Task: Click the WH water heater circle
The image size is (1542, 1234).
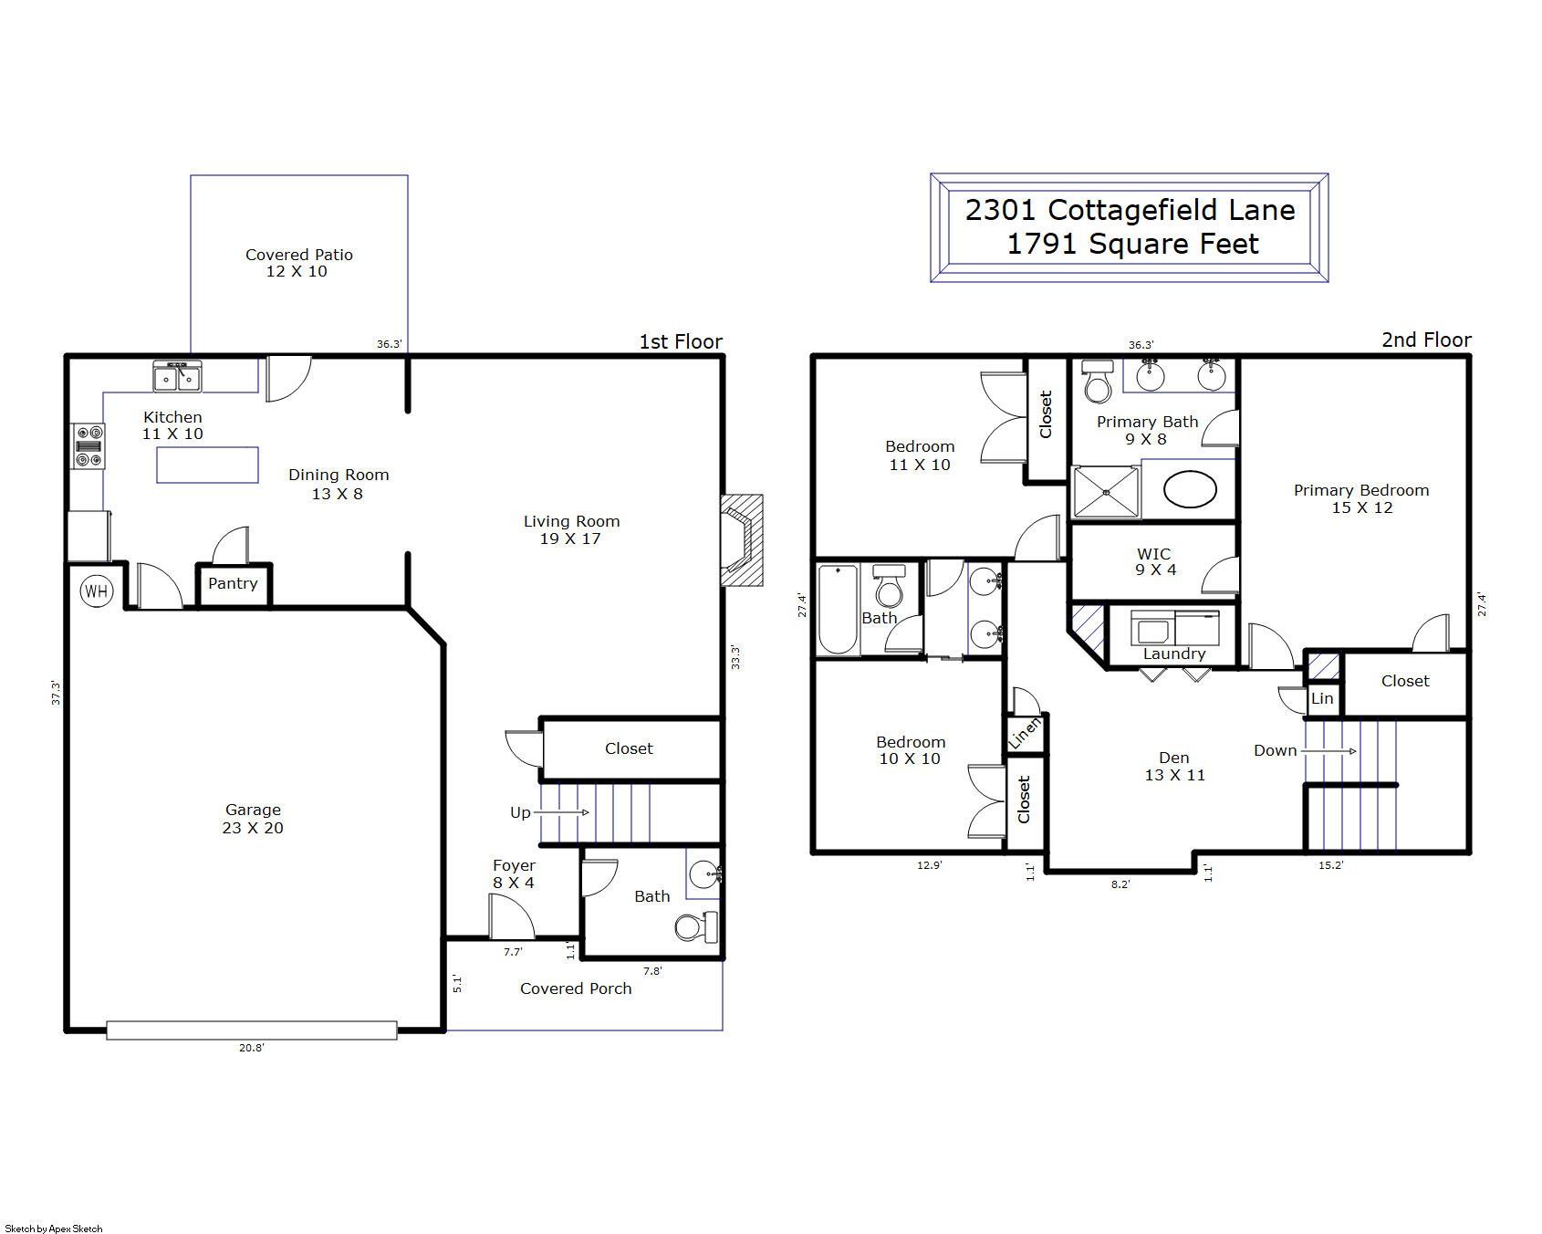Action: (96, 591)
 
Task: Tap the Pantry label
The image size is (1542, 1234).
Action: (233, 583)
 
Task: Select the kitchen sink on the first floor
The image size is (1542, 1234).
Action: (177, 376)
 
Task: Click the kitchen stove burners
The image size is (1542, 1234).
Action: (89, 446)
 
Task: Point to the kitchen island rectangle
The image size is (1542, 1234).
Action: (207, 465)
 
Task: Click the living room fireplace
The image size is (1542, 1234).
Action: (741, 540)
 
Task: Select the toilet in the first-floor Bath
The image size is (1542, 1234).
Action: (697, 928)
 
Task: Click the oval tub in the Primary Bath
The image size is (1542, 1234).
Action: (1190, 489)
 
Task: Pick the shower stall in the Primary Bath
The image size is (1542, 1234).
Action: (1106, 492)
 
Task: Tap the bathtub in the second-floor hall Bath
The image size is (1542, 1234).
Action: (838, 610)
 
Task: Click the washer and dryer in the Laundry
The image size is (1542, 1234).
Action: (1175, 627)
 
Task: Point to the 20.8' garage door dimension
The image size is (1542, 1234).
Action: (252, 1048)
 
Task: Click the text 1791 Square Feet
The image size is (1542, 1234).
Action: (1132, 245)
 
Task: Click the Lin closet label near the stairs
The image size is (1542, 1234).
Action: (1322, 698)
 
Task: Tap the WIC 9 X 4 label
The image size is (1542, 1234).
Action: (1154, 561)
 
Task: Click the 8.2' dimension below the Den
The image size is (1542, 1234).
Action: (1120, 884)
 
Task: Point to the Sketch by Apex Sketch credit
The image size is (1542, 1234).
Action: (53, 1229)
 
